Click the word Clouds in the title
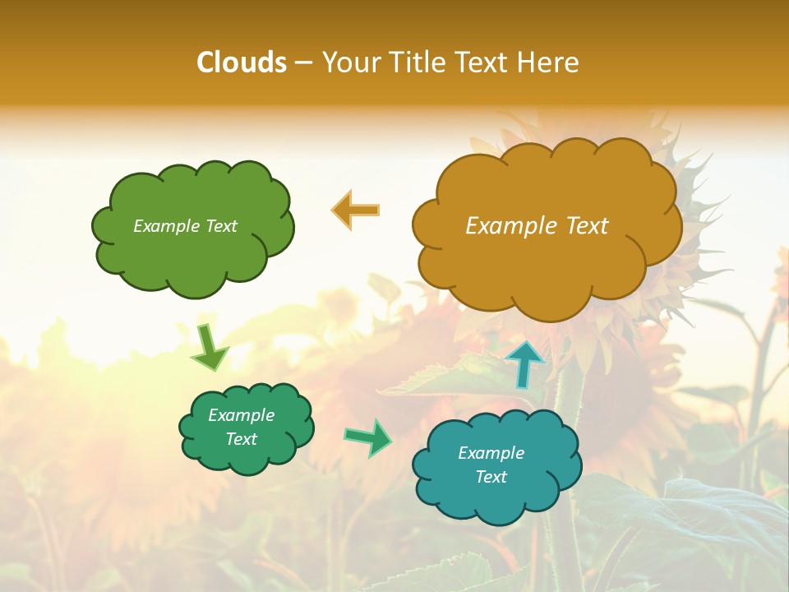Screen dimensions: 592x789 (241, 62)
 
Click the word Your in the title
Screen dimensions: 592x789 (351, 62)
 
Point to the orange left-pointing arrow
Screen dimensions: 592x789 (355, 210)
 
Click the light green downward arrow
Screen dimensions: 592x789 (209, 347)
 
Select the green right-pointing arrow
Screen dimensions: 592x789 (367, 437)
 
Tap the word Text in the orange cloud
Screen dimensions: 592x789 (587, 226)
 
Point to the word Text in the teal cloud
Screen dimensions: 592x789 (491, 477)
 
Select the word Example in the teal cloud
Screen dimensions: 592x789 (491, 453)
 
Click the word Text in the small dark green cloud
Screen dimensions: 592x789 (242, 439)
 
